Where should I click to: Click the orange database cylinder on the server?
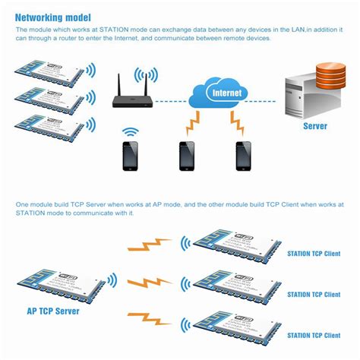(x=329, y=75)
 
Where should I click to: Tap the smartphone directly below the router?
(x=131, y=156)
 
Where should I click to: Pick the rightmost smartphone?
(x=243, y=156)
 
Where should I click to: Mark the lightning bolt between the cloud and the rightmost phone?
(x=237, y=122)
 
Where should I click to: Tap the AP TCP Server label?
(x=55, y=311)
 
